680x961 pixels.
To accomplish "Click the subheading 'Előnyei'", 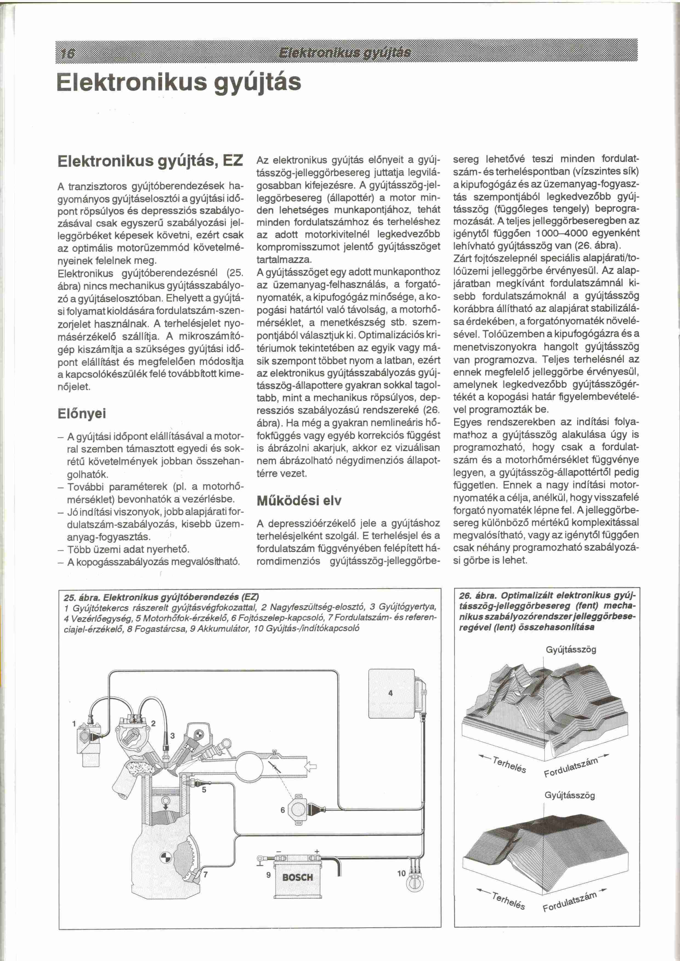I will [82, 414].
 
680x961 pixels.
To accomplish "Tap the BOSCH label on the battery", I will [298, 877].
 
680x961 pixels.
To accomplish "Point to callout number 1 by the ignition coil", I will [74, 723].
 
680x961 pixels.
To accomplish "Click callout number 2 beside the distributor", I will [153, 723].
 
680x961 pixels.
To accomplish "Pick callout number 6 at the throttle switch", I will [283, 810].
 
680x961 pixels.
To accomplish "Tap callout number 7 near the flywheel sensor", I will [206, 874].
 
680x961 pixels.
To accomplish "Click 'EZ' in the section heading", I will [233, 161].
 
